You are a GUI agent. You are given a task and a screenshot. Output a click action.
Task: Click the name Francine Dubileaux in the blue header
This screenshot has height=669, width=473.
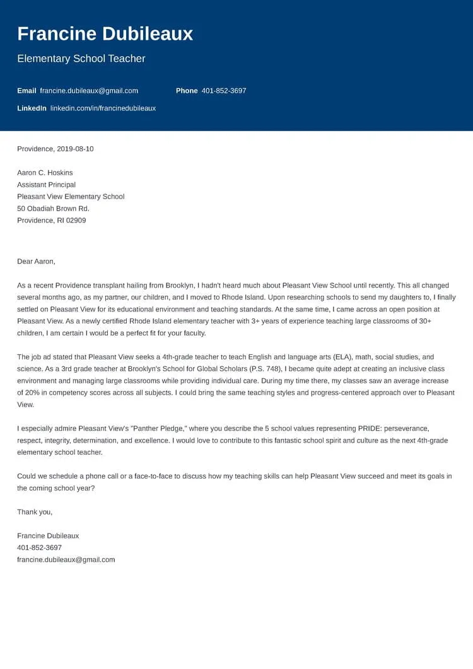tap(105, 34)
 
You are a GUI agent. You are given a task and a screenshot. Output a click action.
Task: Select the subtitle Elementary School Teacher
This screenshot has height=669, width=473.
tap(81, 59)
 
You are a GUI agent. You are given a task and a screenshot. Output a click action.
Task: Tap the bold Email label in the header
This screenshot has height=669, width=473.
tap(26, 91)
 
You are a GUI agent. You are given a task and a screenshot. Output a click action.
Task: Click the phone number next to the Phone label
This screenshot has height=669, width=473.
tap(224, 91)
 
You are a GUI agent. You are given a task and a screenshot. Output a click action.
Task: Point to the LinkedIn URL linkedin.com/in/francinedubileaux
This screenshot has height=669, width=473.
tap(103, 108)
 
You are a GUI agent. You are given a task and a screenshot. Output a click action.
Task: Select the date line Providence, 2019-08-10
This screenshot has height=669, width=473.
tap(55, 149)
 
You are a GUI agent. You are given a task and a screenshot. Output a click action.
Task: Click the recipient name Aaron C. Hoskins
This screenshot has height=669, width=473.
tap(45, 173)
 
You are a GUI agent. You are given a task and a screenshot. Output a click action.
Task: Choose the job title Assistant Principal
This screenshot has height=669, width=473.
tap(46, 185)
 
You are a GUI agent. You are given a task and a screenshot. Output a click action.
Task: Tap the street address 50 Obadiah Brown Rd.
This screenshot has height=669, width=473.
tap(53, 209)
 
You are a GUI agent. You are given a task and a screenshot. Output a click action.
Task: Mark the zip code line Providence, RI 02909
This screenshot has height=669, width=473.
tap(52, 221)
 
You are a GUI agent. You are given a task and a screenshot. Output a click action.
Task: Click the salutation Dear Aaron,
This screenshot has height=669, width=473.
tap(36, 261)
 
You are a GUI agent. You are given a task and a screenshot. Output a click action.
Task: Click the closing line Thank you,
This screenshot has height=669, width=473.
tap(35, 512)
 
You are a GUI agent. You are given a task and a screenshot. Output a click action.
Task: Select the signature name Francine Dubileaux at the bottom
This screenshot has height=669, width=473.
tap(48, 536)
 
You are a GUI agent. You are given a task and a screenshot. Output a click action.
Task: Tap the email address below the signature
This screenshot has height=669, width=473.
tap(66, 560)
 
